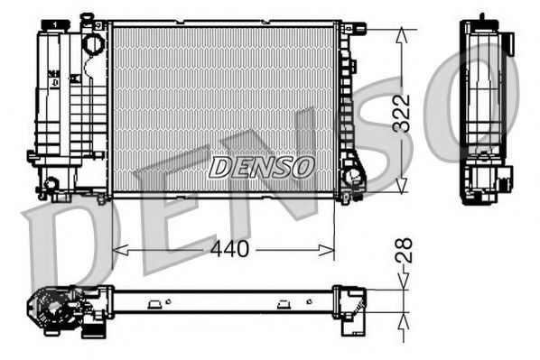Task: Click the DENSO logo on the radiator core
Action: (261, 166)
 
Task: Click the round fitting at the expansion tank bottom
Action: (51, 185)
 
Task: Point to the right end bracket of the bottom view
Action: (352, 302)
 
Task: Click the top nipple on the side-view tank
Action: (482, 17)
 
